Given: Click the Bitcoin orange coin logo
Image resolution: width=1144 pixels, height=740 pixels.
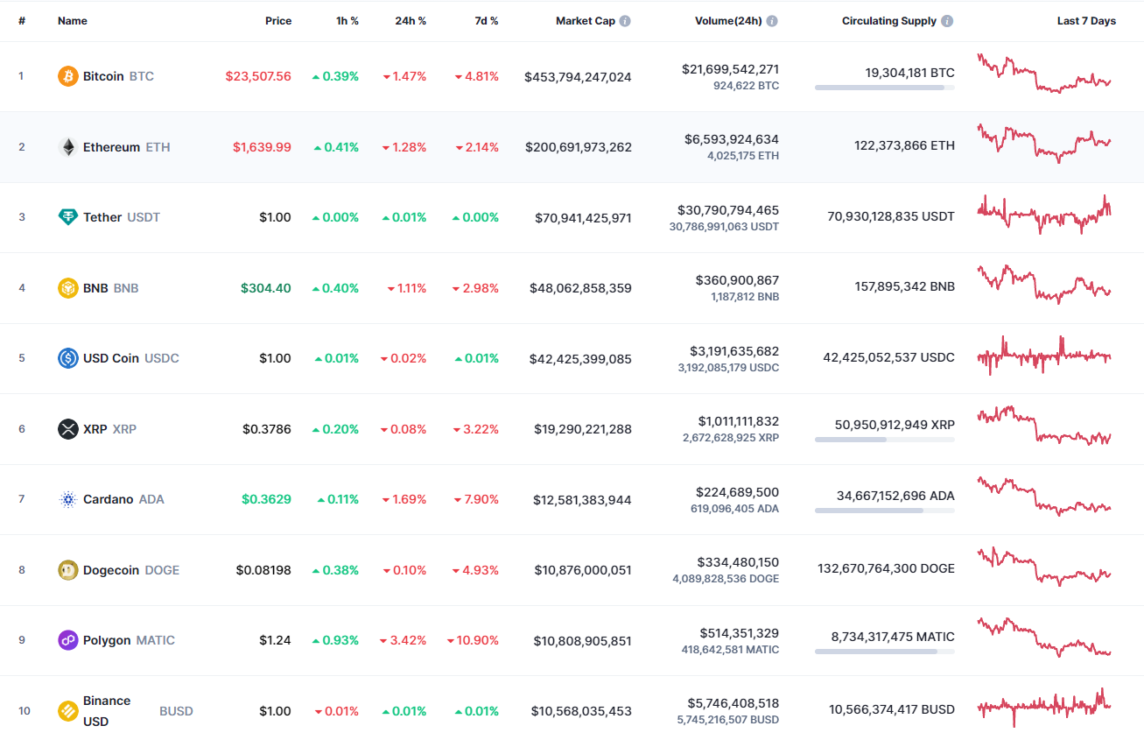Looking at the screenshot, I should pyautogui.click(x=68, y=76).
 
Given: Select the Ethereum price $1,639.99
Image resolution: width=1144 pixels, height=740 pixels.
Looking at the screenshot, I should pyautogui.click(x=262, y=147).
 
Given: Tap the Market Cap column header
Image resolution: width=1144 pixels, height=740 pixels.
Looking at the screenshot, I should pyautogui.click(x=586, y=21).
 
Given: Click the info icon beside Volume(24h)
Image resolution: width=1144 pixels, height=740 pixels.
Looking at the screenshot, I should pyautogui.click(x=772, y=21).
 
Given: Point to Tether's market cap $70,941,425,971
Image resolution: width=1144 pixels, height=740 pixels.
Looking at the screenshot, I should pyautogui.click(x=583, y=218).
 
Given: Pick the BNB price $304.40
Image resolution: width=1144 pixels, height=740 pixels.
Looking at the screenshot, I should pyautogui.click(x=265, y=288).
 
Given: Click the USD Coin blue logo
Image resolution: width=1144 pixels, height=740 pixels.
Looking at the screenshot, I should pyautogui.click(x=68, y=358).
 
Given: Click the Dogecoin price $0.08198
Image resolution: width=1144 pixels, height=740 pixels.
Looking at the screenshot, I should pyautogui.click(x=263, y=570).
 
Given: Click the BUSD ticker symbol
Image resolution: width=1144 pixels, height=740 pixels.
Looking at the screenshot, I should pyautogui.click(x=176, y=711).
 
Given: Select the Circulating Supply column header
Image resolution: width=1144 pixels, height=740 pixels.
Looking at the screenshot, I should pyautogui.click(x=889, y=21).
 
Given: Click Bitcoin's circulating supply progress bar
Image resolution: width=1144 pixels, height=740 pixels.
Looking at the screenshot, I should pyautogui.click(x=884, y=88).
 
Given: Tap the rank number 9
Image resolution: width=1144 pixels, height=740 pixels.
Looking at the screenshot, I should pyautogui.click(x=22, y=640).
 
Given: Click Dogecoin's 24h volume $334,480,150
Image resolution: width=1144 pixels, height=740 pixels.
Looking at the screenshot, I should pyautogui.click(x=738, y=562).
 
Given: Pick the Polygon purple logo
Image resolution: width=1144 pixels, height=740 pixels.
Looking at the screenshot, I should pyautogui.click(x=68, y=640).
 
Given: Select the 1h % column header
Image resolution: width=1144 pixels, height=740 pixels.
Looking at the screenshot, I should pyautogui.click(x=347, y=21).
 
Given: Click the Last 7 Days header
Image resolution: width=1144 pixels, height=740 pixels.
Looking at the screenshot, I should pyautogui.click(x=1086, y=21).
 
